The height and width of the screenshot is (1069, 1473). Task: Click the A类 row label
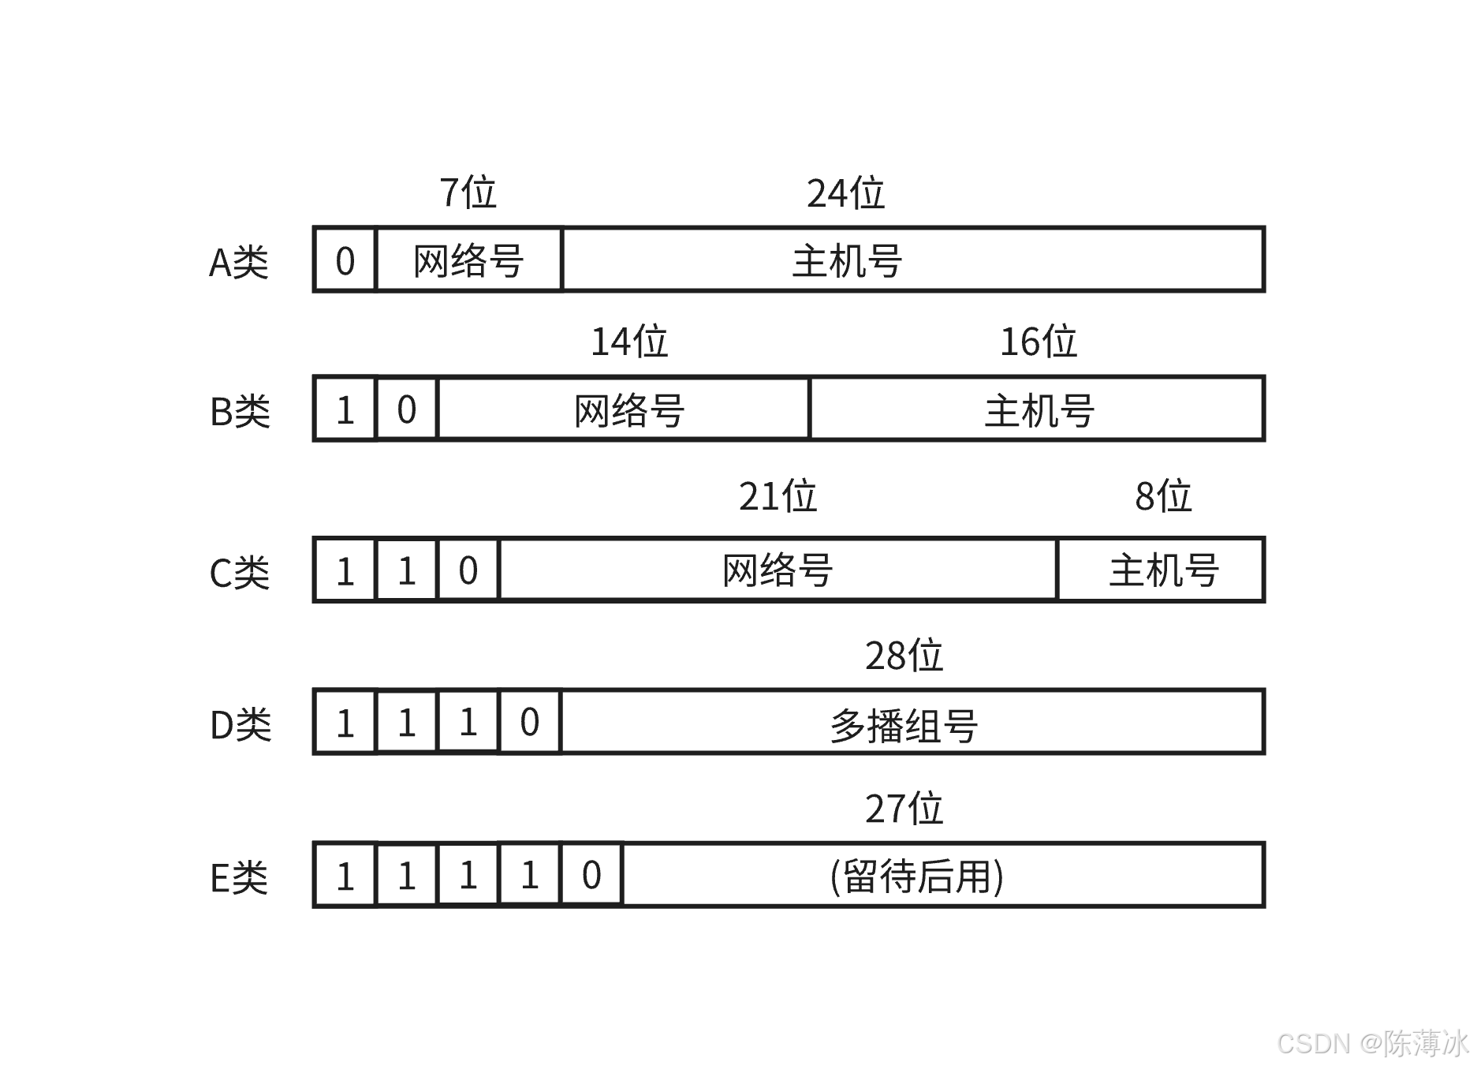tap(238, 262)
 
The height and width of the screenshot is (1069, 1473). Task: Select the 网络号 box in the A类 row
tap(468, 260)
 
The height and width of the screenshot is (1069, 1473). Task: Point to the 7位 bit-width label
tap(468, 192)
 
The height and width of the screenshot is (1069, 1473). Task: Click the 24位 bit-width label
tap(845, 192)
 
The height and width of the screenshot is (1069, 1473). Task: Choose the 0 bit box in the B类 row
tap(406, 409)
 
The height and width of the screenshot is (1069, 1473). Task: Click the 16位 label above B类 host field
tap(1038, 342)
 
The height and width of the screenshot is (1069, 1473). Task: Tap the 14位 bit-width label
tap(629, 342)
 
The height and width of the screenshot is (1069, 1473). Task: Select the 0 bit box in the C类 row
tap(468, 570)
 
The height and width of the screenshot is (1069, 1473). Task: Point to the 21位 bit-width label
tap(778, 496)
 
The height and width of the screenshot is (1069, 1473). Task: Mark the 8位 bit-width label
tap(1162, 496)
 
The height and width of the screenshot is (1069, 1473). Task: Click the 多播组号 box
tap(912, 723)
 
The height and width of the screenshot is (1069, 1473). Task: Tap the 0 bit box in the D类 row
tap(529, 723)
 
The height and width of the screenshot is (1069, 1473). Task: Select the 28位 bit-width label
tap(904, 656)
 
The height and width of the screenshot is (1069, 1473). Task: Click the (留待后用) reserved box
tap(943, 876)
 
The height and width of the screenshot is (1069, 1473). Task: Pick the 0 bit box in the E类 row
tap(591, 876)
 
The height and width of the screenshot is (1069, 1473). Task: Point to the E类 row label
tap(238, 877)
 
